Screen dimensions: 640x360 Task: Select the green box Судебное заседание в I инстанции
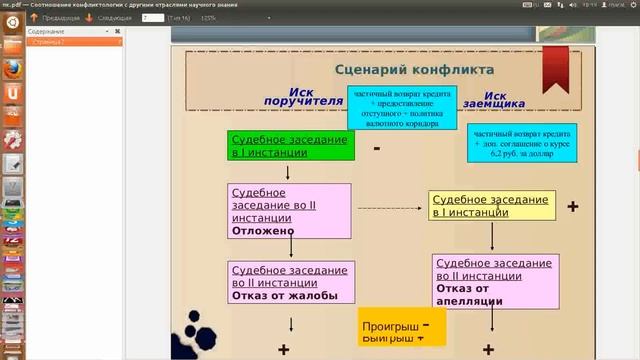291,146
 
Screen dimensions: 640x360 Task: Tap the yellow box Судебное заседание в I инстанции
491,206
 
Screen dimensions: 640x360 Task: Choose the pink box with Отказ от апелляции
496,282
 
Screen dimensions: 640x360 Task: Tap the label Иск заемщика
519,96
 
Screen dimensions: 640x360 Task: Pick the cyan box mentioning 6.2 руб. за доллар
523,144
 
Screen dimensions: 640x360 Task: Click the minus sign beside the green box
376,149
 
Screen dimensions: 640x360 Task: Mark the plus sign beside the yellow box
573,206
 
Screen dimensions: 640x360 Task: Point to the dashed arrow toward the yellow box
390,207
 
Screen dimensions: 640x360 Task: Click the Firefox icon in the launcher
13,69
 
